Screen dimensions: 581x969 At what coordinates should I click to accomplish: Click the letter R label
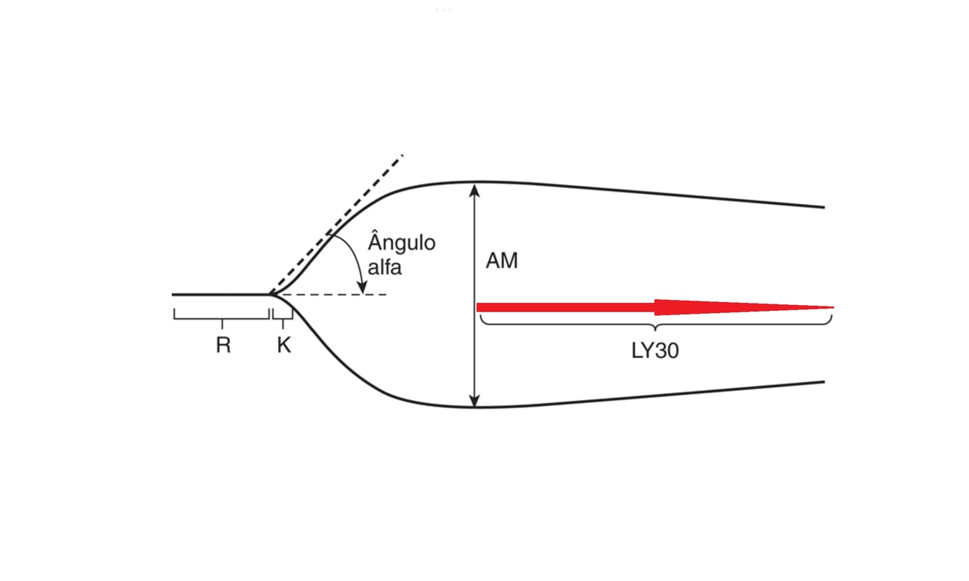pyautogui.click(x=223, y=346)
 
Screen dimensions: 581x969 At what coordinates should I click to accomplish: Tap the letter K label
pyautogui.click(x=283, y=346)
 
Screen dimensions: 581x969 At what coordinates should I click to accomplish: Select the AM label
pyautogui.click(x=502, y=261)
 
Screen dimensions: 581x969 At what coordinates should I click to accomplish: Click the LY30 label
pyautogui.click(x=655, y=351)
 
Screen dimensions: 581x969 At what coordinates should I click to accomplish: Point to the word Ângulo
pyautogui.click(x=402, y=242)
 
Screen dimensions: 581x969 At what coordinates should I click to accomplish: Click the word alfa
pyautogui.click(x=384, y=267)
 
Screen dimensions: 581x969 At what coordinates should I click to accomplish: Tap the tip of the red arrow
pyautogui.click(x=832, y=307)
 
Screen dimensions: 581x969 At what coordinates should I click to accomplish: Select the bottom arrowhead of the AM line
pyautogui.click(x=474, y=401)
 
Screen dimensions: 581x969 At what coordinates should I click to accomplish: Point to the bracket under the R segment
pyautogui.click(x=222, y=316)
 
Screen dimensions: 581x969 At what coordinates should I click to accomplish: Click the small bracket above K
pyautogui.click(x=283, y=315)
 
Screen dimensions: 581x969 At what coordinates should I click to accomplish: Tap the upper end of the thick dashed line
pyautogui.click(x=402, y=155)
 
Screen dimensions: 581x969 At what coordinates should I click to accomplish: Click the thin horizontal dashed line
pyautogui.click(x=334, y=295)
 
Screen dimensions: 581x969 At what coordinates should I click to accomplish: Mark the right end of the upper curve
pyautogui.click(x=824, y=207)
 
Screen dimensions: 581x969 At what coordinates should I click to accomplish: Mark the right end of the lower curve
pyautogui.click(x=824, y=381)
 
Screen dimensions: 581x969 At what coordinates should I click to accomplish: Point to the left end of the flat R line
pyautogui.click(x=174, y=295)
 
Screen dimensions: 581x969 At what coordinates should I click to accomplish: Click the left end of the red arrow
pyautogui.click(x=478, y=307)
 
